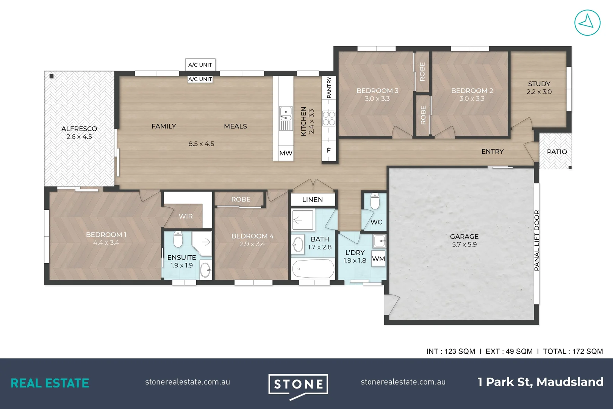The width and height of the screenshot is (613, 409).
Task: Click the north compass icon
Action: point(587,23)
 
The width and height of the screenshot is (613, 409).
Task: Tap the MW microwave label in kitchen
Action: point(286,153)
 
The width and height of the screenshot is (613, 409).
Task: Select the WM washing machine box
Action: point(378,259)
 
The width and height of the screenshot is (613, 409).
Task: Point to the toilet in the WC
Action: point(375,201)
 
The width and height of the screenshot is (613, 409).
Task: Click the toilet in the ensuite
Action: point(178,239)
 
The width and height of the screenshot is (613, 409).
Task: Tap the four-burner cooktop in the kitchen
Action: point(329,118)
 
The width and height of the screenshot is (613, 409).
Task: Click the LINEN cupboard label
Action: point(313,200)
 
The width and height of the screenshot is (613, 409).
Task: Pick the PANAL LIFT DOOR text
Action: point(536,240)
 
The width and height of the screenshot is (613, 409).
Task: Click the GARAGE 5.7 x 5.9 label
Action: point(464,240)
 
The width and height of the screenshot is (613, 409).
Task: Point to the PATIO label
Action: point(557,152)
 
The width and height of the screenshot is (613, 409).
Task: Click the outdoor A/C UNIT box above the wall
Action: point(200,65)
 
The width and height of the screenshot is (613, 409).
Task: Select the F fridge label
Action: point(328,150)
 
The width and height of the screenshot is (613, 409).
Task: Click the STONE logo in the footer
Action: point(298,385)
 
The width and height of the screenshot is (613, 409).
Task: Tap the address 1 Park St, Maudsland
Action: point(540,382)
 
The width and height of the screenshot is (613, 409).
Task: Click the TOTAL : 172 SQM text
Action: point(572,351)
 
